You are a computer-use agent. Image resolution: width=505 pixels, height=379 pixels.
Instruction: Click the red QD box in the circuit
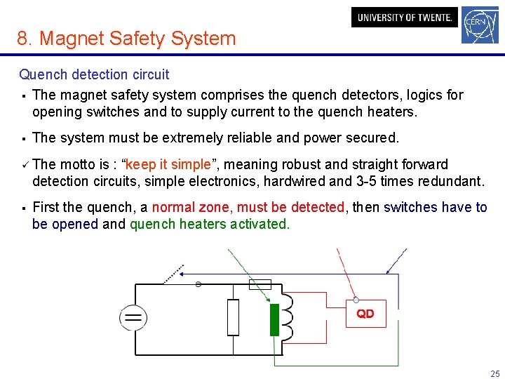(365, 314)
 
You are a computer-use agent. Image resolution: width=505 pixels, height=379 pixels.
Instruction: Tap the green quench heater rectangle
(274, 320)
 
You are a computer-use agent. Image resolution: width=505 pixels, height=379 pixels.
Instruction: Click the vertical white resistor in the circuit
(233, 317)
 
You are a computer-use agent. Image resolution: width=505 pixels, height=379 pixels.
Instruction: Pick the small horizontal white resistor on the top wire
(260, 284)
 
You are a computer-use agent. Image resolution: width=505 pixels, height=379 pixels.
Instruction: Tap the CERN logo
(480, 25)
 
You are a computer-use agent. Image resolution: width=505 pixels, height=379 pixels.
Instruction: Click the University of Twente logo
(404, 18)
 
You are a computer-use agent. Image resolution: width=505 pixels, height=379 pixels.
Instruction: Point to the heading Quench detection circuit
(94, 74)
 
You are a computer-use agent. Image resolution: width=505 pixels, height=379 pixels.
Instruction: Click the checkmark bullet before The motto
(23, 164)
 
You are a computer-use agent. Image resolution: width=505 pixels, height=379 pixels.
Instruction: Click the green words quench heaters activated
(209, 225)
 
